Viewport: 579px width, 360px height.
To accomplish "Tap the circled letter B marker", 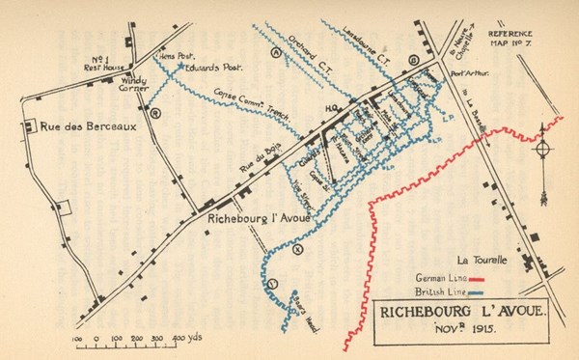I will [414, 60].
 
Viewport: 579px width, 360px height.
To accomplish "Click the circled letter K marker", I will [297, 249].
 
